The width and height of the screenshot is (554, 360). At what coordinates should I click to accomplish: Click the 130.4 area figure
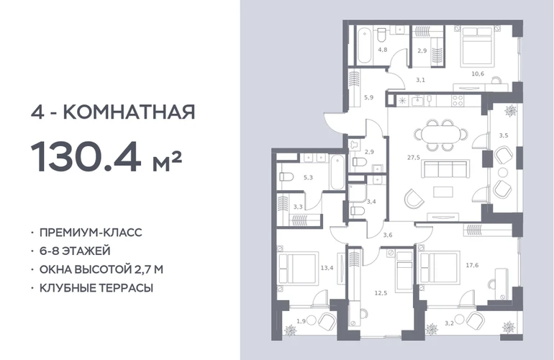point(86,156)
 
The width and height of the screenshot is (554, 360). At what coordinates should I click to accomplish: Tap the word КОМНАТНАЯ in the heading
point(129,112)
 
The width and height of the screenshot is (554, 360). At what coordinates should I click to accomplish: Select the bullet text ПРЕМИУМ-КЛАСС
point(91,233)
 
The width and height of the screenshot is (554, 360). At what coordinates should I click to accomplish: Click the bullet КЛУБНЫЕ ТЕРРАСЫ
point(96,288)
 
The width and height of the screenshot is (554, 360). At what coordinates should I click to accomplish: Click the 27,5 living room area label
point(414,158)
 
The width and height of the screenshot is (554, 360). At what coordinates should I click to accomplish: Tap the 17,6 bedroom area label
point(472,265)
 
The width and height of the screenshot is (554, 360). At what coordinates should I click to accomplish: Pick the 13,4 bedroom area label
point(327,268)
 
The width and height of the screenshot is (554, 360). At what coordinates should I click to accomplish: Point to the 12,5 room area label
point(381,293)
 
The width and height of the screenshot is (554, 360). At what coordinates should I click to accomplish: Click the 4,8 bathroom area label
point(382,50)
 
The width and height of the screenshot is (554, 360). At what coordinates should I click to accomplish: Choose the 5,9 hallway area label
point(368,97)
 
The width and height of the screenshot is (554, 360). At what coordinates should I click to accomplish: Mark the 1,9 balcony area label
point(301,321)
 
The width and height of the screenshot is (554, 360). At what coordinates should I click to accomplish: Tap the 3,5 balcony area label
point(504,135)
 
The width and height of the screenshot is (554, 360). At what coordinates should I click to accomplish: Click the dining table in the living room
point(440,135)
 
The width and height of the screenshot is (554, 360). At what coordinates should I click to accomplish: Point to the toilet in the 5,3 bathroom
point(286,176)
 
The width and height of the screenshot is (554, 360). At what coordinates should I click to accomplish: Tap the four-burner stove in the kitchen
point(458,101)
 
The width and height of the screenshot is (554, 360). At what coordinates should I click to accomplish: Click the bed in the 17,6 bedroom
point(438,267)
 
